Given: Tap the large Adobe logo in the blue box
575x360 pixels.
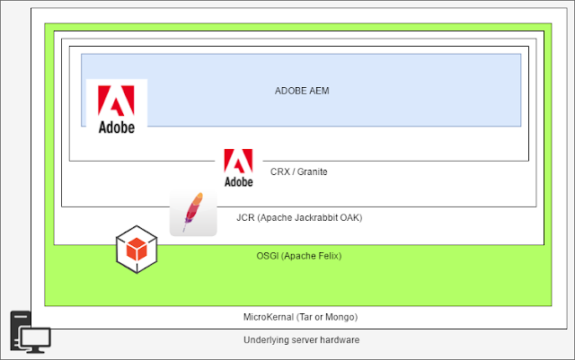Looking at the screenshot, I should pos(116,109).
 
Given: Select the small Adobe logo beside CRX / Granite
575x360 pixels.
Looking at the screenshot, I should pos(238,168).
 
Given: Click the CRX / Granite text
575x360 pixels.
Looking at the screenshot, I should pos(298,171).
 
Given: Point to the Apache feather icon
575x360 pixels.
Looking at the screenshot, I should pos(193,213).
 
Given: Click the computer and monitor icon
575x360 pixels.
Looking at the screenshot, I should pos(30,333).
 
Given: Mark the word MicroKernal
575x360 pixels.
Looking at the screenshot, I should pos(268,317).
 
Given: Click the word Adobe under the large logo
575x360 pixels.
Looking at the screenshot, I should pos(116,127).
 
